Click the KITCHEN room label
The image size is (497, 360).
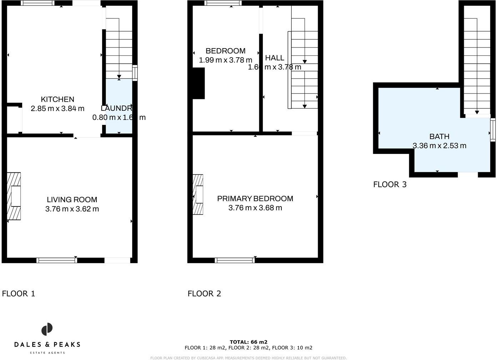[x=57, y=99]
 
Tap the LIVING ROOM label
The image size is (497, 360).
[x=72, y=200]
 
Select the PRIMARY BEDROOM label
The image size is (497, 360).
[x=255, y=199]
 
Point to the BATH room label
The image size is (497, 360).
[x=439, y=136]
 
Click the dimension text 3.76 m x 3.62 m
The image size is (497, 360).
[x=72, y=209]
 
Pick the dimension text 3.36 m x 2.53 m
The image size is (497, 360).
[x=439, y=146]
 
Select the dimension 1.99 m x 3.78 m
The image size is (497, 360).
[x=225, y=60]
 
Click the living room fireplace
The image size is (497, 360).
[x=14, y=196]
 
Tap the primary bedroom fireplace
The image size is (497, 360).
[x=198, y=194]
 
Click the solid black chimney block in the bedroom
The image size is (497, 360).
[x=199, y=83]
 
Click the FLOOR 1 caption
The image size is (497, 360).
[x=19, y=294]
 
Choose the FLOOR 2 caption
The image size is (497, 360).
[x=204, y=294]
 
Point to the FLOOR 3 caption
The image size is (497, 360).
[x=390, y=184]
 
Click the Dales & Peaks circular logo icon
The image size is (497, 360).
[x=47, y=329]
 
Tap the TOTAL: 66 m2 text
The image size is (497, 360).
[x=248, y=342]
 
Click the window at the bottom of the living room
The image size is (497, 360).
[x=57, y=260]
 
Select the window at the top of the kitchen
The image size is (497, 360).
[x=37, y=3]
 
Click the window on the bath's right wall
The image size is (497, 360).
[x=493, y=130]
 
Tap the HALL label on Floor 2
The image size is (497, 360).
[x=275, y=58]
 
